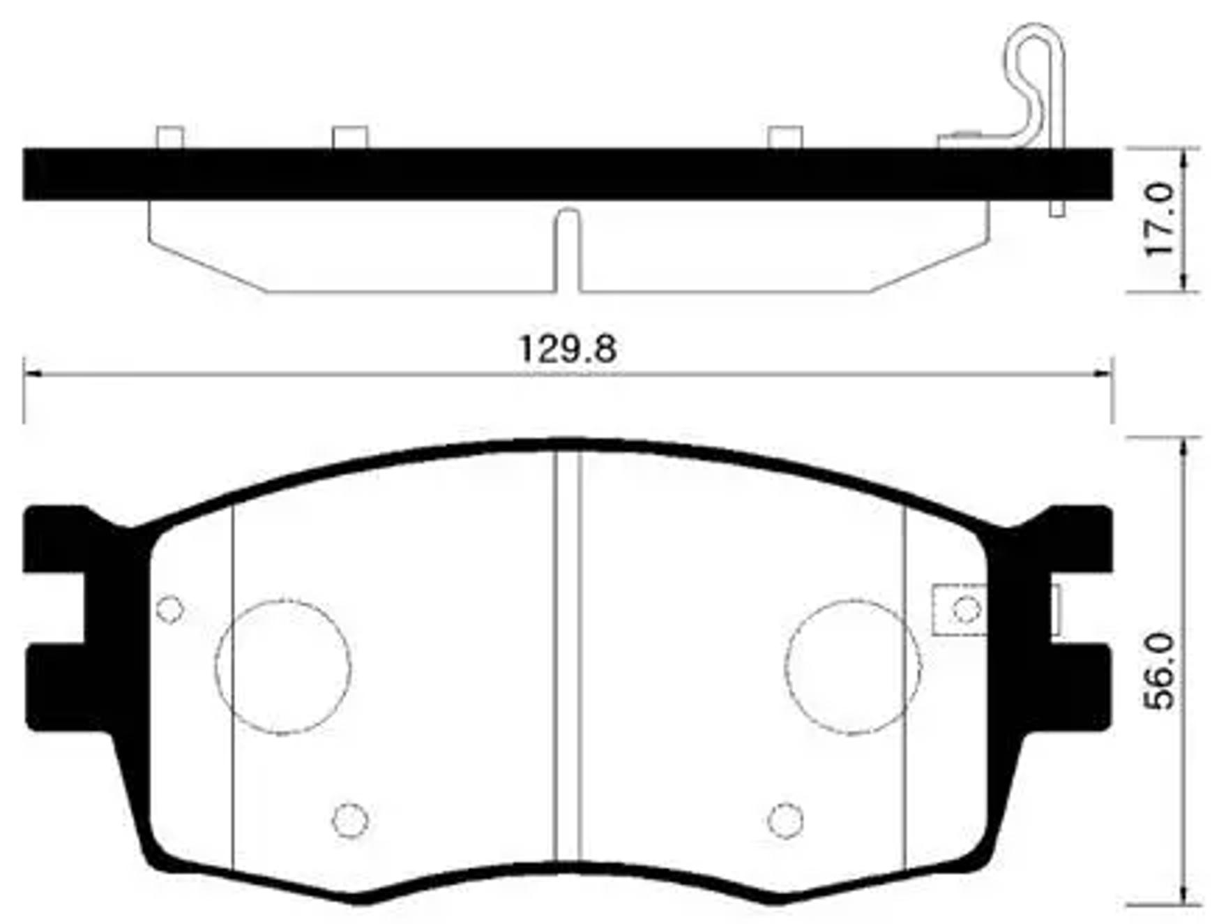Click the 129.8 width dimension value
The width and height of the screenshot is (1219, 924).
(567, 350)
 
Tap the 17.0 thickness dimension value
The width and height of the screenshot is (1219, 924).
(1161, 219)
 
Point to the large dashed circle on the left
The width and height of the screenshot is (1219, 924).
(283, 666)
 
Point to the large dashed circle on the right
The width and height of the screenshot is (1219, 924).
(852, 666)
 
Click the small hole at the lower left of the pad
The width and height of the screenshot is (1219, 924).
(349, 819)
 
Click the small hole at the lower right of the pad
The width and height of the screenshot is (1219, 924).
(785, 820)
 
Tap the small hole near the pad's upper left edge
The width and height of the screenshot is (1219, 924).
(169, 609)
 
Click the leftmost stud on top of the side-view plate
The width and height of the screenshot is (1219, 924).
(170, 137)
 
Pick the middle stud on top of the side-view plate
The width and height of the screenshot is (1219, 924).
(349, 137)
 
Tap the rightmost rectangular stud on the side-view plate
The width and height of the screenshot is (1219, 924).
(785, 137)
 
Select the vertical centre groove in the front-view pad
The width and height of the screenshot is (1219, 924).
(568, 656)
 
